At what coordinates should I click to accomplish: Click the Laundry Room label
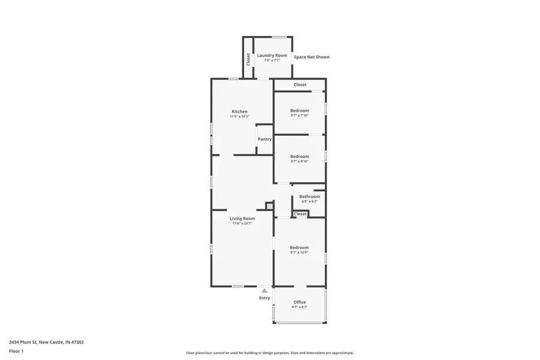(x=272, y=55)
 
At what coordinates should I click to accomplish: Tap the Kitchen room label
(x=239, y=112)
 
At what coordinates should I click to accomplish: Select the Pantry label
(x=265, y=139)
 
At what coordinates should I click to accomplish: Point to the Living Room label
(x=242, y=218)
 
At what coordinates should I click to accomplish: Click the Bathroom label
(x=310, y=196)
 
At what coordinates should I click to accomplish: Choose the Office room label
(x=299, y=302)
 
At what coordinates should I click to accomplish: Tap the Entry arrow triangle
(x=265, y=291)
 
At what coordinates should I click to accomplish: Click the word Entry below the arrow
(x=265, y=298)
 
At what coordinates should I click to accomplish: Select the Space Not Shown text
(x=311, y=57)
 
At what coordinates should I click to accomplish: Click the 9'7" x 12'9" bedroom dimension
(x=299, y=253)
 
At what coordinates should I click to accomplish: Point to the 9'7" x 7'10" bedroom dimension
(x=299, y=115)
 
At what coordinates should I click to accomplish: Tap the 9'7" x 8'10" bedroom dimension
(x=299, y=161)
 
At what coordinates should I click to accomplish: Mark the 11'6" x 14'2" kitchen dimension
(x=239, y=116)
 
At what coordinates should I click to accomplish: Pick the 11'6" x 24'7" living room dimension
(x=242, y=223)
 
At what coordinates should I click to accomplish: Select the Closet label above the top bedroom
(x=300, y=85)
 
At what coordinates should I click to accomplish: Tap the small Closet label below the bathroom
(x=300, y=214)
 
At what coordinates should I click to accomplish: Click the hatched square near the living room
(x=269, y=206)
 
